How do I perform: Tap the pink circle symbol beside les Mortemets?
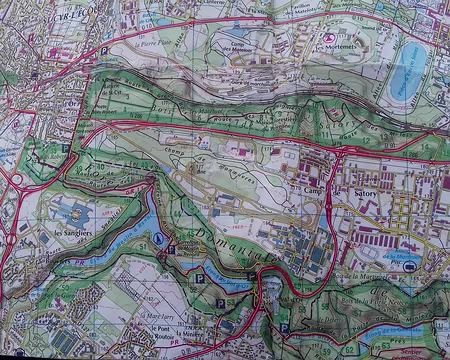[x=329, y=38]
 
